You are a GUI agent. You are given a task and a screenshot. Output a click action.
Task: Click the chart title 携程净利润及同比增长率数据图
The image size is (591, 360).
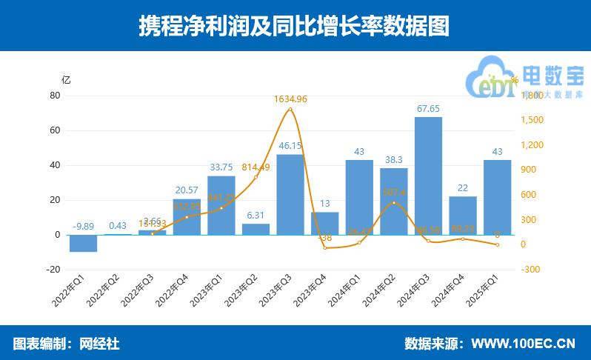point(295,26)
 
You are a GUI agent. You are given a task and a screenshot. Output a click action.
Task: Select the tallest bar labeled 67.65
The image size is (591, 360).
point(428,176)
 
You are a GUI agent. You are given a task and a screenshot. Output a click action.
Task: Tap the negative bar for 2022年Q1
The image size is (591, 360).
point(83,243)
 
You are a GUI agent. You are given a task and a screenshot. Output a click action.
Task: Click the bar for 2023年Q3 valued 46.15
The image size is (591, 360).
point(290,194)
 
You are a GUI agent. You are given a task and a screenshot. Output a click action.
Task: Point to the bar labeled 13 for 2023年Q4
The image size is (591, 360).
point(324,223)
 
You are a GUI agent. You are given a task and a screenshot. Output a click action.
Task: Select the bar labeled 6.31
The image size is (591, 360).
point(256,229)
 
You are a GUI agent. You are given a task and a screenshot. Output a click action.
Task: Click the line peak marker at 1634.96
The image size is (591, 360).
point(290,110)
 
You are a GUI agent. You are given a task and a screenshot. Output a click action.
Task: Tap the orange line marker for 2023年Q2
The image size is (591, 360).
point(256,177)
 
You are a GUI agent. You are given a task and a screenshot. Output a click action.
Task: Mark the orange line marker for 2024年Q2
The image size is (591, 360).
point(393,202)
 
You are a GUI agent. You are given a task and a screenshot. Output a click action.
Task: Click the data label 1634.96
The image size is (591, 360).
point(290,99)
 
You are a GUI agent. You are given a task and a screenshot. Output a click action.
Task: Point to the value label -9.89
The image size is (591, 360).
point(83,226)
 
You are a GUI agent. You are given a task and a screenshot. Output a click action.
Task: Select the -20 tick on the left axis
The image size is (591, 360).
point(53,270)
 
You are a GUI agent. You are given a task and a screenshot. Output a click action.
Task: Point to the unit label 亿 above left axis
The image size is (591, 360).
point(66,80)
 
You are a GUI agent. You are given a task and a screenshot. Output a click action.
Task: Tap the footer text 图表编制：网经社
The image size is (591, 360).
point(66,344)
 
